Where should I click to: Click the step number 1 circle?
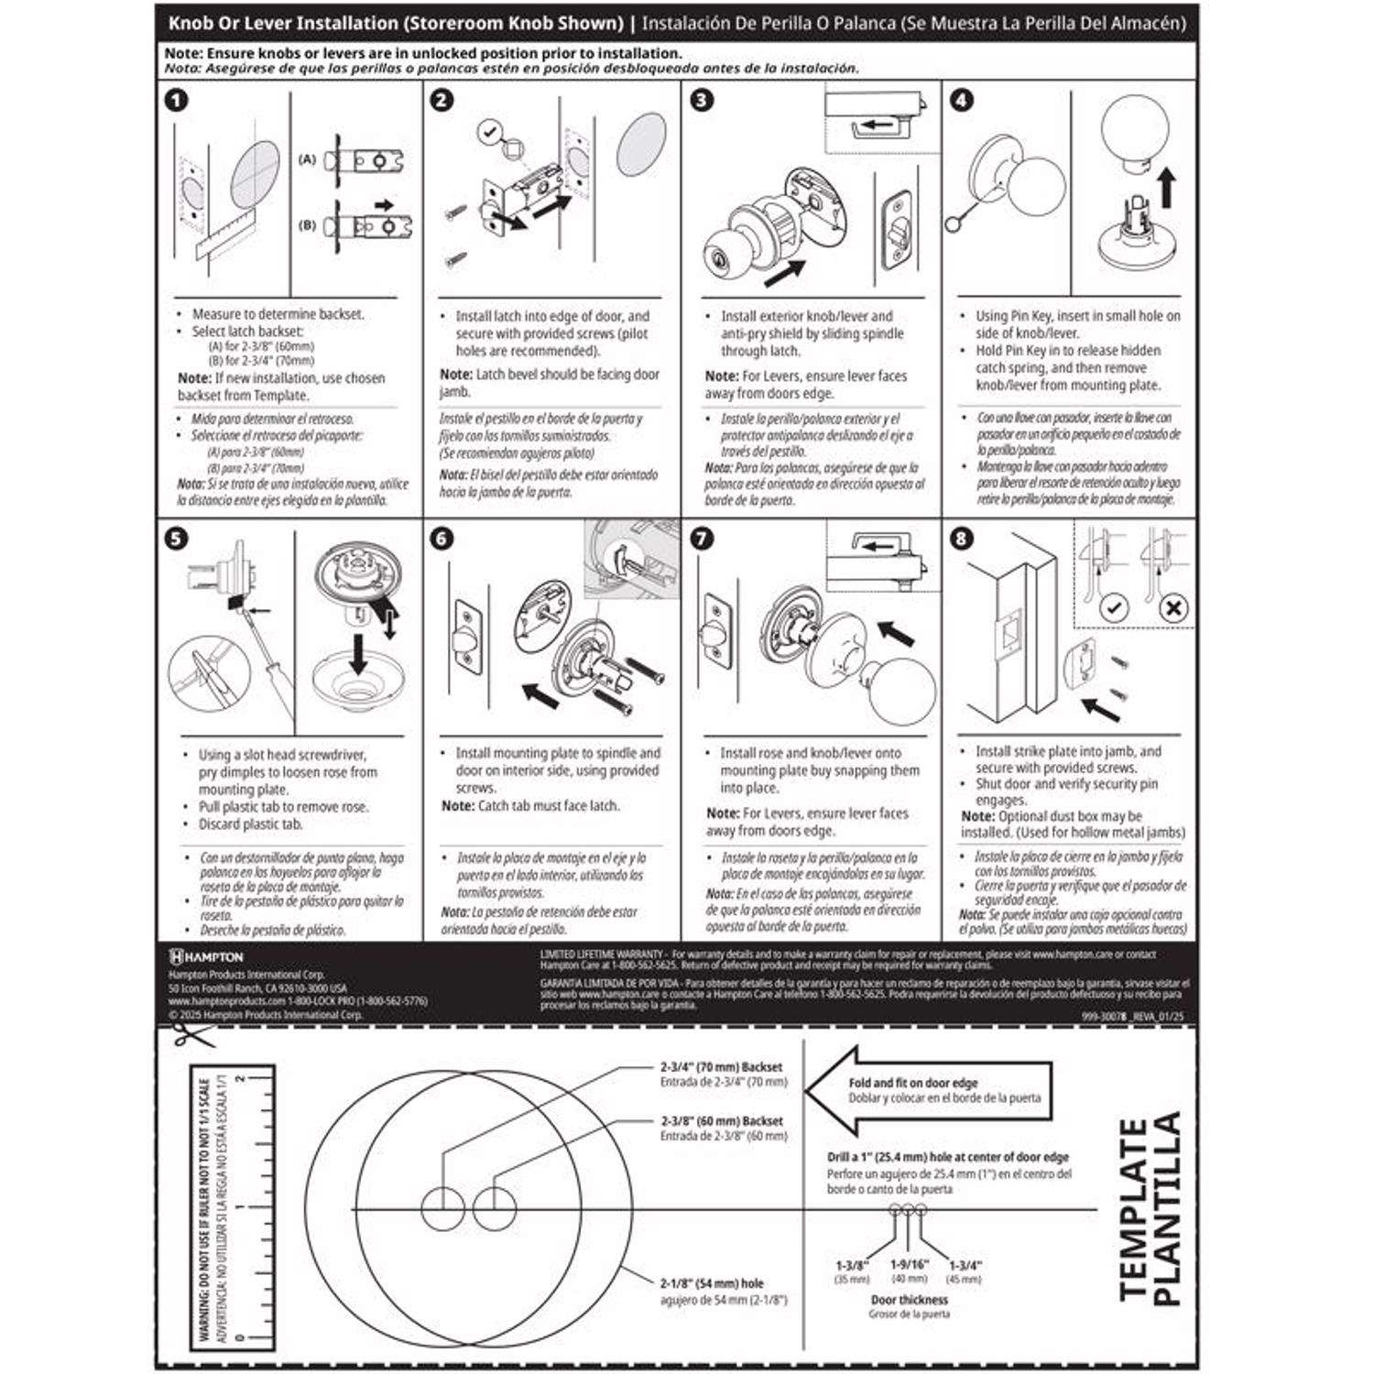[176, 100]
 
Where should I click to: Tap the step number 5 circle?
[176, 538]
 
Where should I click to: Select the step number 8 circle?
[962, 538]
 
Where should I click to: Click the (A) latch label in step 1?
[307, 159]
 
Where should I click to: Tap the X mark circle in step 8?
[1173, 607]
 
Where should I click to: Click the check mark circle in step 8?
[1113, 607]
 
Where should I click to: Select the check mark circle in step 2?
[490, 133]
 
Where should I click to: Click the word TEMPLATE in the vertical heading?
[1134, 1209]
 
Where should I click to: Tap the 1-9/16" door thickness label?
[909, 1264]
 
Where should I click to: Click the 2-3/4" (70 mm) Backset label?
[722, 1067]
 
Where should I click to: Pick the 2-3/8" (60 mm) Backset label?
[722, 1121]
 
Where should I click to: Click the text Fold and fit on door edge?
[912, 1083]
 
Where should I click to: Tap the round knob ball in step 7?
[903, 691]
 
